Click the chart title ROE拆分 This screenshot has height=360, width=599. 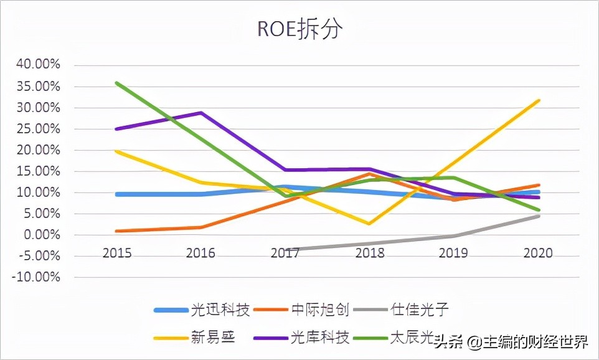(x=299, y=29)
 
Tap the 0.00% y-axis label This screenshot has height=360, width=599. (x=42, y=235)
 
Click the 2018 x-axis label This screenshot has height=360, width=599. (x=369, y=253)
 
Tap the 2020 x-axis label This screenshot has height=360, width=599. (x=539, y=253)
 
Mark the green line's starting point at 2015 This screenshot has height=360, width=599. (x=116, y=83)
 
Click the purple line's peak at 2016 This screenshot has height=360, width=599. (x=200, y=113)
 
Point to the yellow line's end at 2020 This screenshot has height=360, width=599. (x=539, y=100)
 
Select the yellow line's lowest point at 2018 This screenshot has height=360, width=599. (x=369, y=224)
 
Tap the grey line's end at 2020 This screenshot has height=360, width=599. (x=539, y=216)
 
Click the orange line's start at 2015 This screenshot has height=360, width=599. (x=116, y=231)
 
